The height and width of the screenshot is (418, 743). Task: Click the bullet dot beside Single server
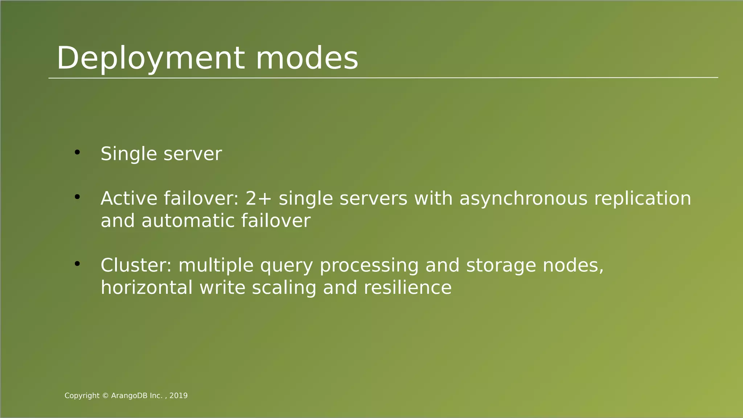pos(77,152)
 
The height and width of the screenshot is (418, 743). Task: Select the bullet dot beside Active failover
pos(77,197)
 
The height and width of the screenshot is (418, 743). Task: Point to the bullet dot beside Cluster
pos(77,264)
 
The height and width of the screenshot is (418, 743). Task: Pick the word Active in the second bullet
pos(129,198)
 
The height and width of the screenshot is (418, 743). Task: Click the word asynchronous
pos(523,199)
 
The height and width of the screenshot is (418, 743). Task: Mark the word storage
pos(501,266)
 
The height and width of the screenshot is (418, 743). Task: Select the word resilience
pos(407,288)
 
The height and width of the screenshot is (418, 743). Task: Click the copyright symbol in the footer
pos(105,396)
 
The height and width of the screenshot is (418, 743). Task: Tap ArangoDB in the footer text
pos(130,396)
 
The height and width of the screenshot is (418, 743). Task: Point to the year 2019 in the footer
pos(178,396)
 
